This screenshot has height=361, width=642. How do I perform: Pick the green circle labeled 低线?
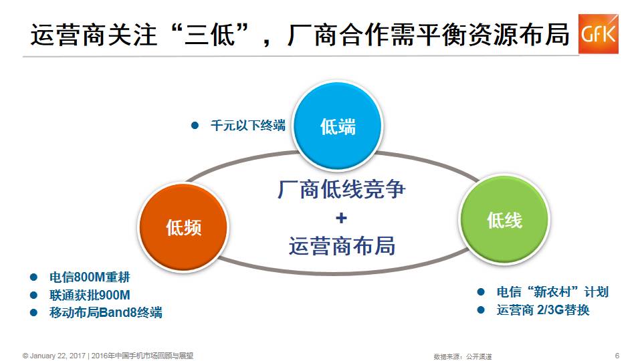(504, 219)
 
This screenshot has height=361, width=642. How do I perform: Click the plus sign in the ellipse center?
(341, 219)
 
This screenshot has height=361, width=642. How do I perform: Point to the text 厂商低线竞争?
(342, 189)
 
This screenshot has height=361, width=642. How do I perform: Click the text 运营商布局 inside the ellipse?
(342, 246)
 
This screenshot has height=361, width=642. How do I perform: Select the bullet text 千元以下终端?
(247, 125)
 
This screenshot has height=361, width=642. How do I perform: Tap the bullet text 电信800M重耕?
(90, 278)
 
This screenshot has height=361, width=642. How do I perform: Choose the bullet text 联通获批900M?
(90, 295)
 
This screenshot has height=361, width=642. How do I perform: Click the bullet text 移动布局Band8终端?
(106, 312)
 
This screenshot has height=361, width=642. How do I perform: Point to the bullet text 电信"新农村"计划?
(552, 292)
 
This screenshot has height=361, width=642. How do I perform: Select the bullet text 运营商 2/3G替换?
(543, 310)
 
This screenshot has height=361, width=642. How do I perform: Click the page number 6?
(617, 354)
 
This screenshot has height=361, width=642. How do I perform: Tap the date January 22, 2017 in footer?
(58, 355)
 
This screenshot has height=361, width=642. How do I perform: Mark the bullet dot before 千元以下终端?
(195, 125)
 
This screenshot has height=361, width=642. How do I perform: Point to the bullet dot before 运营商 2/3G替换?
(481, 310)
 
